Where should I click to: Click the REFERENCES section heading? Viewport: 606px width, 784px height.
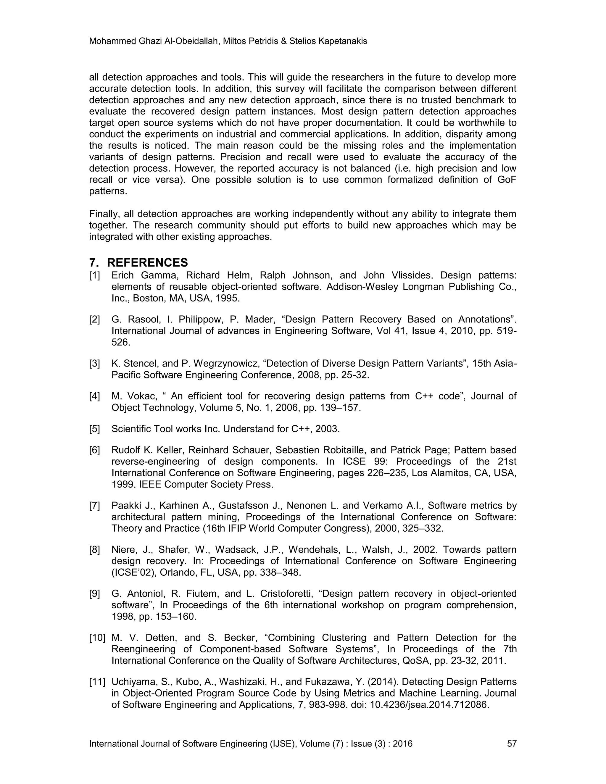point(147,263)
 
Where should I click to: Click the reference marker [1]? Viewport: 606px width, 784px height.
point(94,275)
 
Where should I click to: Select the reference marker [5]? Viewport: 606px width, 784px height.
point(94,429)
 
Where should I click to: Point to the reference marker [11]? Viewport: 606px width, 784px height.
point(97,682)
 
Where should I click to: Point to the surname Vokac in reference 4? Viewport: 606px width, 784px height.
point(140,396)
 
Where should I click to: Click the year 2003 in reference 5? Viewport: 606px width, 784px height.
point(327,429)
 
